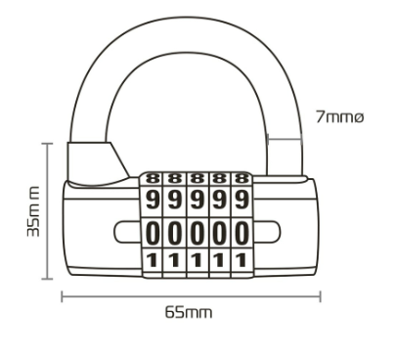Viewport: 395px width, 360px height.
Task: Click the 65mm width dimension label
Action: click(x=189, y=312)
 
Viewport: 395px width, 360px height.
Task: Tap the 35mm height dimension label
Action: click(x=33, y=211)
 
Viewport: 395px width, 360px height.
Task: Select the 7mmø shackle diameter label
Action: click(x=339, y=116)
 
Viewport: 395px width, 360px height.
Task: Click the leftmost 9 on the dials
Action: click(x=153, y=200)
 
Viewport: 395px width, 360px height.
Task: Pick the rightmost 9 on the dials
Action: click(x=241, y=200)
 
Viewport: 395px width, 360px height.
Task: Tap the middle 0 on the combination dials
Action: click(x=197, y=233)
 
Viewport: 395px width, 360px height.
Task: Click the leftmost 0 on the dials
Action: click(x=153, y=233)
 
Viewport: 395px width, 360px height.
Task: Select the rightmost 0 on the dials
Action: click(x=241, y=233)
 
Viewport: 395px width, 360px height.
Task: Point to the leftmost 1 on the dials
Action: click(x=153, y=260)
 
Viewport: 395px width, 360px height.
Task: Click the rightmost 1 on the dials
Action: click(x=241, y=260)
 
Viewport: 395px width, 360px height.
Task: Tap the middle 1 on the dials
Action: click(x=197, y=260)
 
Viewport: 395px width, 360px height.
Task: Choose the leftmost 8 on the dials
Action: click(x=153, y=179)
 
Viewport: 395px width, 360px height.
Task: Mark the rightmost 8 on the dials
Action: click(x=241, y=179)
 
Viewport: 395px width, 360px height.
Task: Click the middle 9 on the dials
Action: click(x=197, y=200)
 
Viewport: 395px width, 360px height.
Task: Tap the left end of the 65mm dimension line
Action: click(x=62, y=296)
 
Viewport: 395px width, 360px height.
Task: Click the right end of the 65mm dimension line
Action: click(x=321, y=296)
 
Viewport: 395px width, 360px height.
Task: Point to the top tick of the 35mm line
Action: click(x=48, y=144)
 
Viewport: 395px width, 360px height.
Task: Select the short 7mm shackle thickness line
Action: click(x=285, y=139)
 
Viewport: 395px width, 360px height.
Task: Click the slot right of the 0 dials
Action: click(x=266, y=232)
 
